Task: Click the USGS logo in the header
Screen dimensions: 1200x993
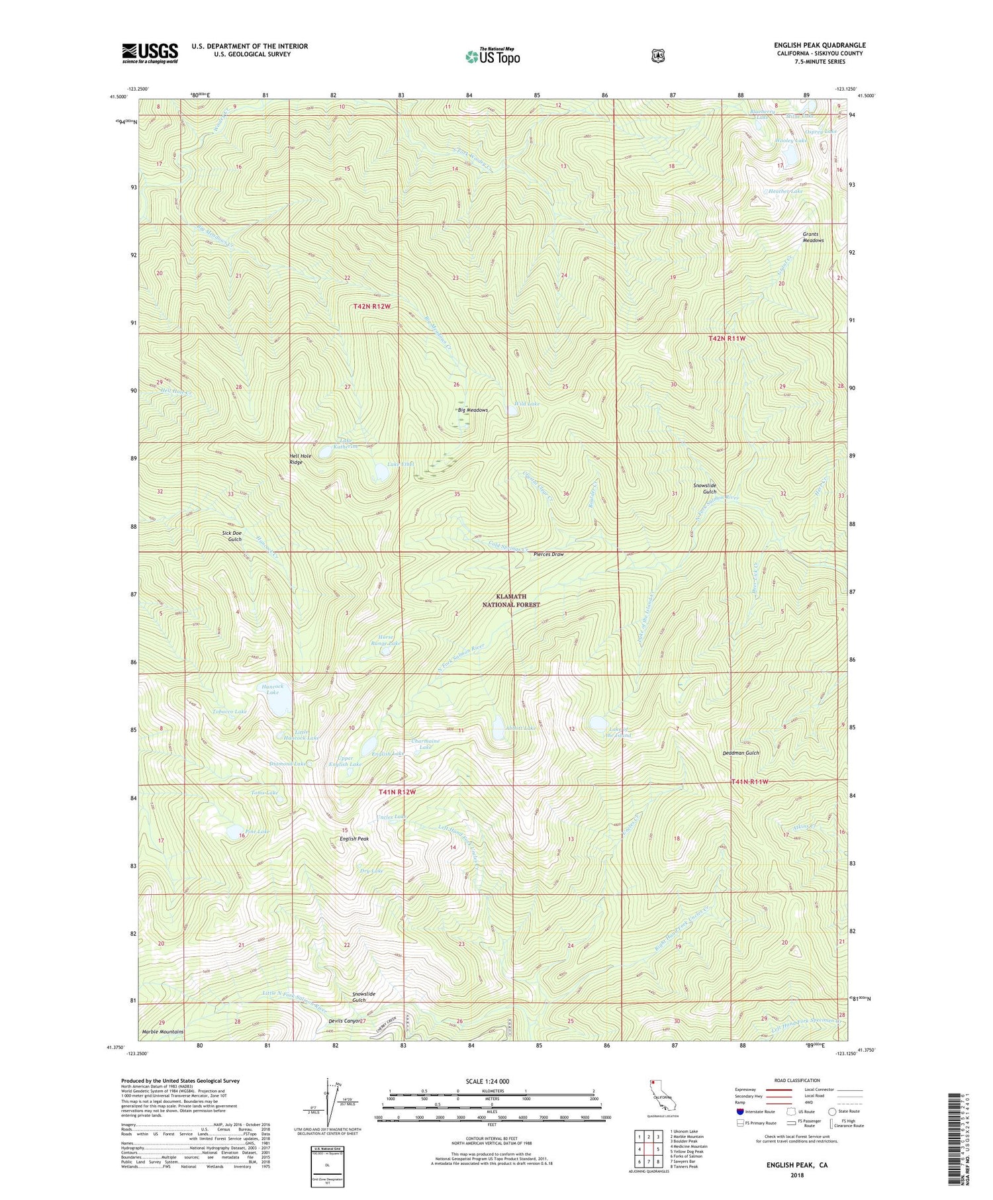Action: [x=150, y=52]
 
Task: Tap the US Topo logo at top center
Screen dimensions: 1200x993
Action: [x=493, y=56]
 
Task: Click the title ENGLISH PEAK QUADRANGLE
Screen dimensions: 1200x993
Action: [x=820, y=45]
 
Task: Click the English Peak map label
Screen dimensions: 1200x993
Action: [x=354, y=839]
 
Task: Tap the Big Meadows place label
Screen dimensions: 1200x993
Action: [x=473, y=410]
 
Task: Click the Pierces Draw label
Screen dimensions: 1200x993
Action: [x=549, y=554]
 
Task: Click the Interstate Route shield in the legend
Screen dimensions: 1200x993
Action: [x=740, y=1111]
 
